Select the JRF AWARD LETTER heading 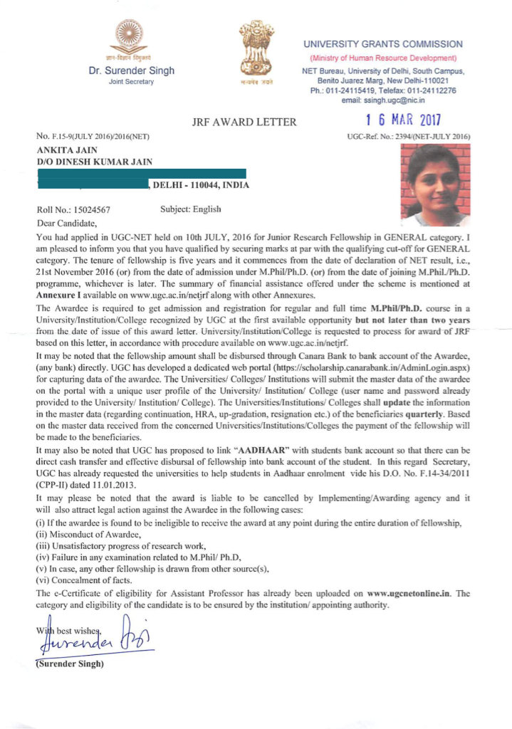pyautogui.click(x=244, y=122)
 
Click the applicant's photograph pyautogui.click(x=435, y=183)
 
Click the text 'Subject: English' pyautogui.click(x=192, y=209)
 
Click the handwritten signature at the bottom pyautogui.click(x=93, y=636)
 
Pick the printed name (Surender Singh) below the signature pyautogui.click(x=70, y=664)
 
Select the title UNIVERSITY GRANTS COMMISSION pyautogui.click(x=383, y=44)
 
